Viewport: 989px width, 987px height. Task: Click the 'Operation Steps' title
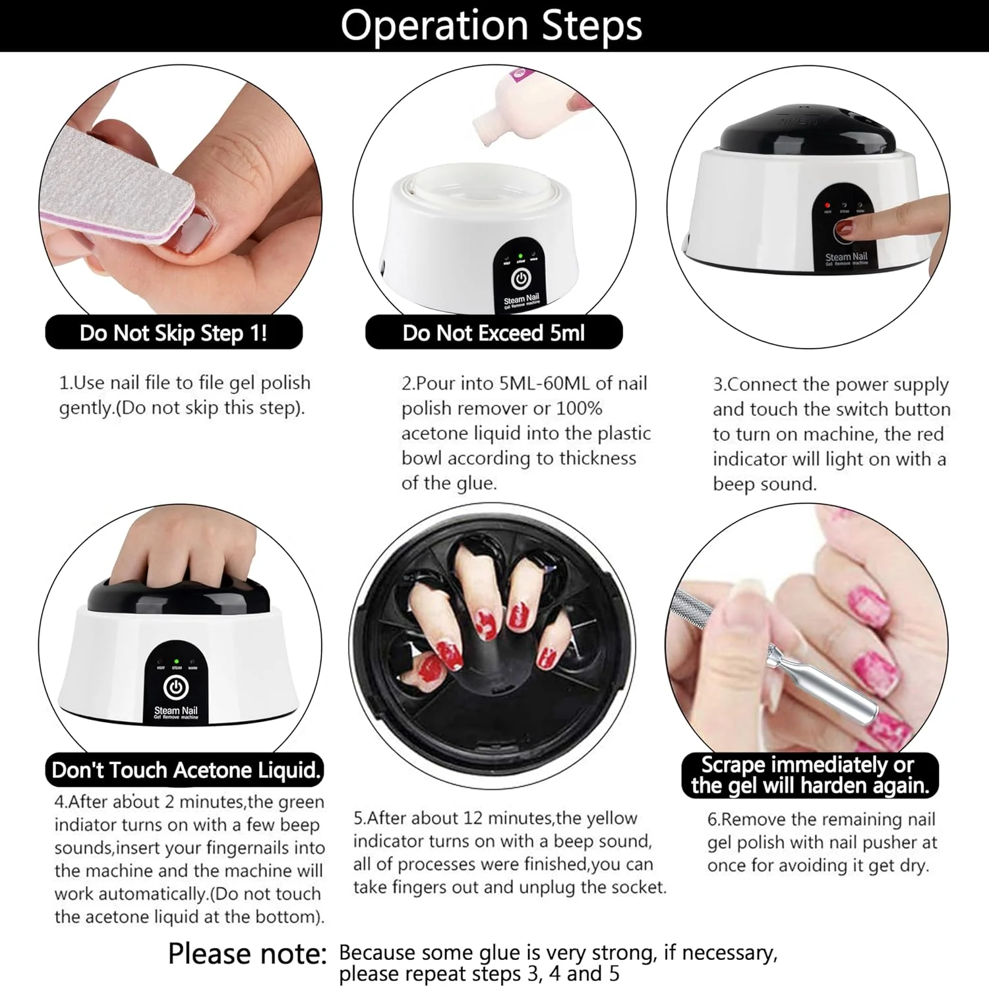coord(491,26)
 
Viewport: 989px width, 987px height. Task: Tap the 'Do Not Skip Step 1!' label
coord(173,332)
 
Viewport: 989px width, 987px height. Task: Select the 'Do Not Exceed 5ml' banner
coord(494,332)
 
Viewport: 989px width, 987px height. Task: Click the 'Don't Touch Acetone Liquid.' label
coord(185,769)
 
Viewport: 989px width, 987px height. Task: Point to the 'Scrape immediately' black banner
coord(810,775)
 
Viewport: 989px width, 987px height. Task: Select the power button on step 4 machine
coord(175,688)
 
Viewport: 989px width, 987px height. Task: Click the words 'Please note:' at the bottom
coord(247,953)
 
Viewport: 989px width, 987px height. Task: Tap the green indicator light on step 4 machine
coord(176,660)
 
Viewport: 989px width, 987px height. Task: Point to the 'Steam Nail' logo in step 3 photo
coord(846,258)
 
